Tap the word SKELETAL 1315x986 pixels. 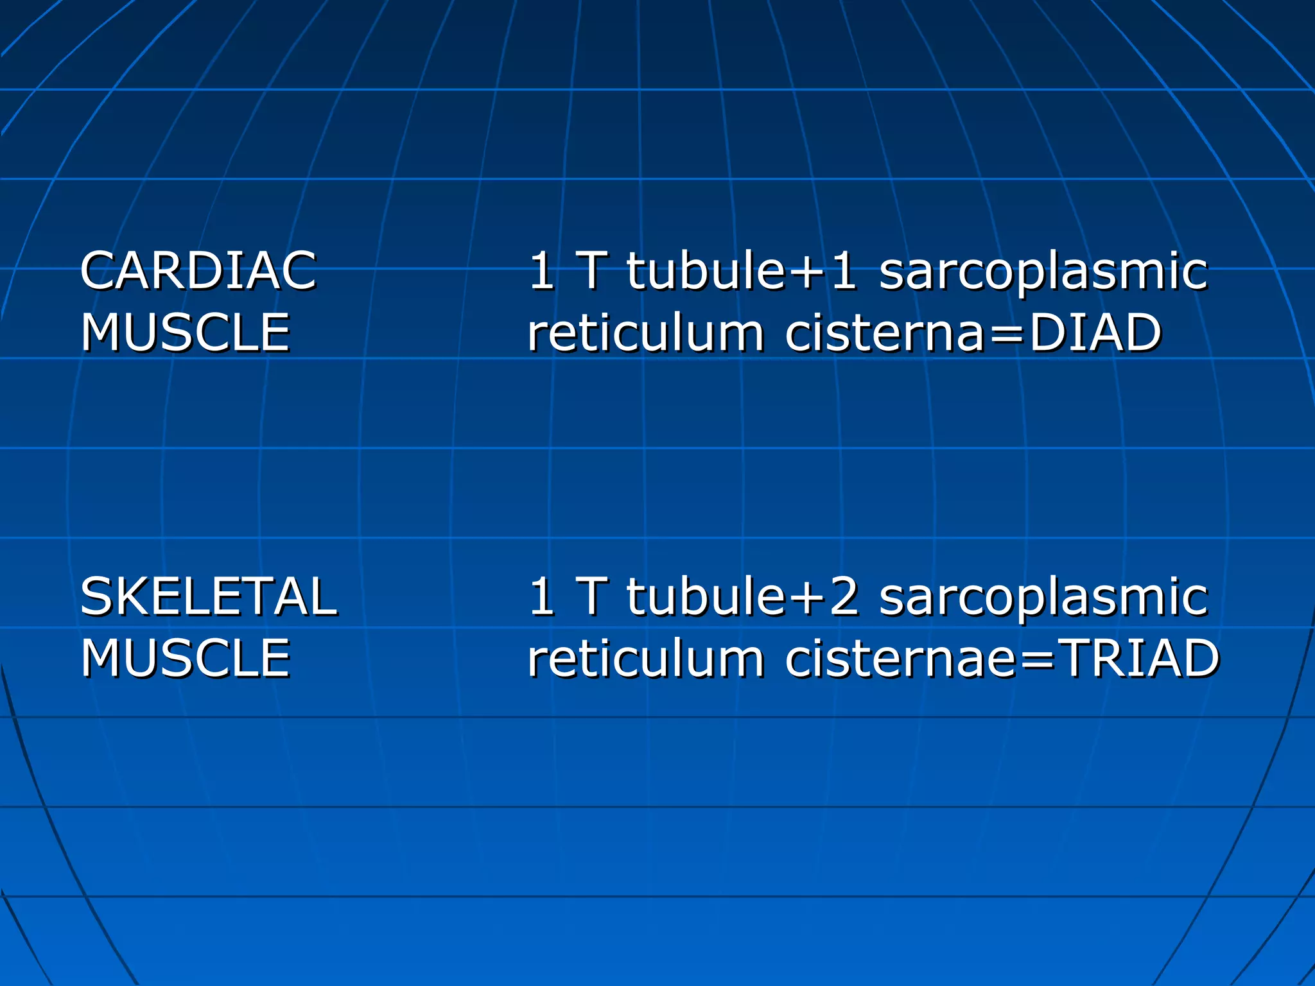(x=208, y=596)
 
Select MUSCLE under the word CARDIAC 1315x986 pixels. (x=186, y=333)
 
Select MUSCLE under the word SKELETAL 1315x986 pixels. (x=186, y=658)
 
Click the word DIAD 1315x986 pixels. (x=1095, y=333)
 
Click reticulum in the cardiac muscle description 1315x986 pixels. (x=645, y=334)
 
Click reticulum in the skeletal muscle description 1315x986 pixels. (x=645, y=659)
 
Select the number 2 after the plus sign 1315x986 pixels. (x=843, y=596)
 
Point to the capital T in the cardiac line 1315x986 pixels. (x=592, y=271)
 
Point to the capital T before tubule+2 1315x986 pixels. (x=592, y=596)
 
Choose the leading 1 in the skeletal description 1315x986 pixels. (x=541, y=596)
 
